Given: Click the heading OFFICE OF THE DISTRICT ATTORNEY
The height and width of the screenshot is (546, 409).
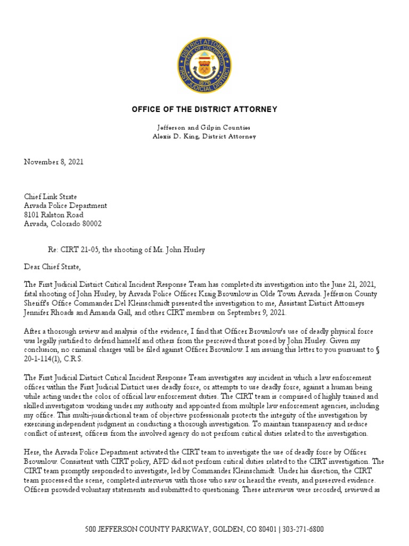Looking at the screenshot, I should click(x=204, y=109).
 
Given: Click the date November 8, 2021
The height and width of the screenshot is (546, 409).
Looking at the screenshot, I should click(x=53, y=161).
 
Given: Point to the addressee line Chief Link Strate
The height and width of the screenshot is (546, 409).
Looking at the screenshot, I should click(x=51, y=196).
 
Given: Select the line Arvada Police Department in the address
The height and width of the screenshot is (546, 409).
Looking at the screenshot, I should click(x=65, y=205).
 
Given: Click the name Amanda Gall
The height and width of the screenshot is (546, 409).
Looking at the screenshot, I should click(x=109, y=312).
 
